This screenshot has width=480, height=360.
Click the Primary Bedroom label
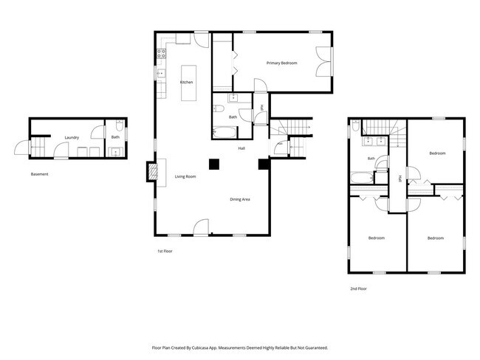point(281,63)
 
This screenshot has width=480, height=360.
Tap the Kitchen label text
point(186,83)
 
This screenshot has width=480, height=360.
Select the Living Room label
point(185,176)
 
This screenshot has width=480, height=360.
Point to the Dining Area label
point(240,199)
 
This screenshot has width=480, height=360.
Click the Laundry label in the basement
point(72,138)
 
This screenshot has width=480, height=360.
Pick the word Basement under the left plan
point(39,174)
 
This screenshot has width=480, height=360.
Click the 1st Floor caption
point(165,251)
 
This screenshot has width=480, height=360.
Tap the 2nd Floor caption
point(358,288)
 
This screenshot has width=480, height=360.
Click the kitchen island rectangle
point(188,83)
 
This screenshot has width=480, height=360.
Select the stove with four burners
point(161,54)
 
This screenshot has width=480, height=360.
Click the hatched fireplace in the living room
point(152,172)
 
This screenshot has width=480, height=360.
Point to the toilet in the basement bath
point(120,125)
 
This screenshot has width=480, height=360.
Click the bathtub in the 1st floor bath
point(224,133)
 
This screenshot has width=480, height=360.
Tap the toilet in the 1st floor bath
point(219,108)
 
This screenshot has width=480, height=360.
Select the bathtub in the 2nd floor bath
point(362,178)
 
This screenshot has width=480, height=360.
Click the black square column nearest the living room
point(214,165)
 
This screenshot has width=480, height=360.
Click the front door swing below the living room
point(201,227)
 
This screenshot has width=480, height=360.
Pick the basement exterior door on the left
point(22,148)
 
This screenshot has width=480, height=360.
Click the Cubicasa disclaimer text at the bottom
point(240,347)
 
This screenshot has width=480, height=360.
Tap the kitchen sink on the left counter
point(161,74)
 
